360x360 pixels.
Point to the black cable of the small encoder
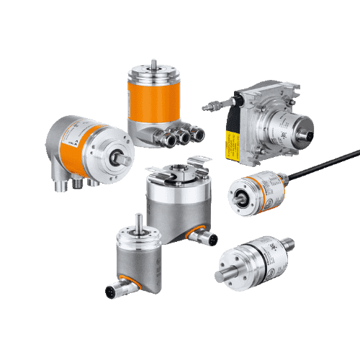tap(324, 166)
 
